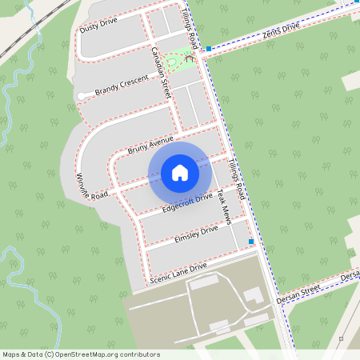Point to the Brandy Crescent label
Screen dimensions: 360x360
pyautogui.click(x=122, y=86)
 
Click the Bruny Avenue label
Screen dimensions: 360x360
pyautogui.click(x=150, y=145)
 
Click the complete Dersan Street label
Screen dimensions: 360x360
pyautogui.click(x=298, y=294)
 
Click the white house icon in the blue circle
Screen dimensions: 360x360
pyautogui.click(x=180, y=173)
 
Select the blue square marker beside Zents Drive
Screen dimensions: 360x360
pyautogui.click(x=208, y=49)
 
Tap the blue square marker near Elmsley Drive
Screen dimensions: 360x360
pyautogui.click(x=250, y=241)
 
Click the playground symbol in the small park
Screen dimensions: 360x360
pyautogui.click(x=190, y=58)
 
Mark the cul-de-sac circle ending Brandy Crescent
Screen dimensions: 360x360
pyautogui.click(x=82, y=97)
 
